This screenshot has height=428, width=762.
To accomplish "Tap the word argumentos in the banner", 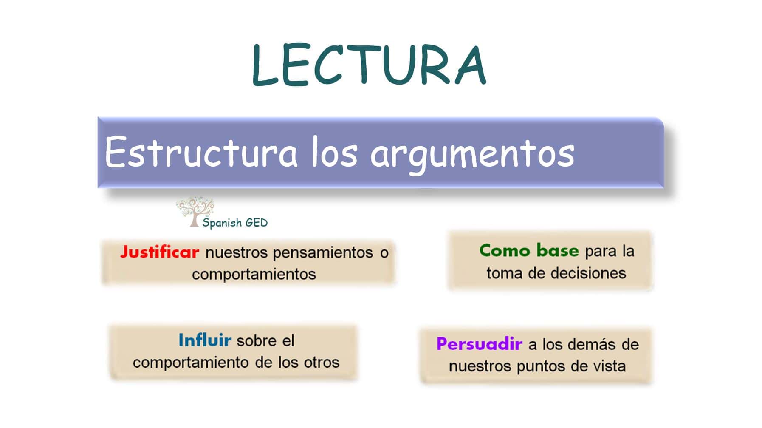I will coord(472,154).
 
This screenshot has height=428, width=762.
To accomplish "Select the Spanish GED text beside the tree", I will coord(235,223).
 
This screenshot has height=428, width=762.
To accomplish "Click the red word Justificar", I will coord(159,252).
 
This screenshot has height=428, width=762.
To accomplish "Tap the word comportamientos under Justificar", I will coord(254,274).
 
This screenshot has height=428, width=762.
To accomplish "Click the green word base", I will coord(557,251).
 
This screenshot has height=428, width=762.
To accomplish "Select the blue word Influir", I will coord(205,340).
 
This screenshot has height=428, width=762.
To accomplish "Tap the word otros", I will coord(322,363).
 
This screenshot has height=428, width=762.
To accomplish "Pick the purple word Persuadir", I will coord(479,344).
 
